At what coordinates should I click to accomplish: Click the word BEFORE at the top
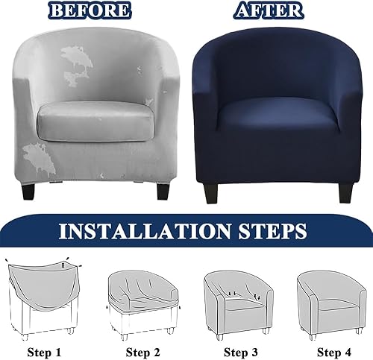click(90, 10)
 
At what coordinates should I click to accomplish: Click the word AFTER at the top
click(269, 10)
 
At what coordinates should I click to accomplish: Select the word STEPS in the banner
click(273, 231)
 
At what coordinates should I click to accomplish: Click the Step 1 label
click(44, 352)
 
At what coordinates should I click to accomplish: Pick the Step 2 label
click(142, 352)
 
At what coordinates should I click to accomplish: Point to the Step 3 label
click(240, 352)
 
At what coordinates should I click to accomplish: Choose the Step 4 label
click(334, 352)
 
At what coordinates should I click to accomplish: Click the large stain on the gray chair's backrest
click(75, 65)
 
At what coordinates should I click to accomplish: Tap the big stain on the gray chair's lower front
click(40, 160)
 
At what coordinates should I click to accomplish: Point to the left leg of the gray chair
click(28, 190)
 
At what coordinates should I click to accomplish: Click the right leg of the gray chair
click(163, 191)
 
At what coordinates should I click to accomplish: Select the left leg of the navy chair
click(210, 193)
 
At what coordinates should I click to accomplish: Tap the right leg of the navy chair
click(346, 192)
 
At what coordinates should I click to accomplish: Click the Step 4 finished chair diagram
click(332, 305)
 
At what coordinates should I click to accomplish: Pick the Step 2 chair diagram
click(143, 305)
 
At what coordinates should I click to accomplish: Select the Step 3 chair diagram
click(239, 305)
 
